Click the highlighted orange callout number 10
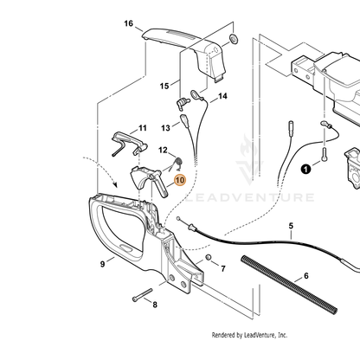pos(179,180)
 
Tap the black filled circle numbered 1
pos(306,169)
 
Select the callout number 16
pos(129,23)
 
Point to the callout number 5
pos(291,226)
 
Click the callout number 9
pos(102,264)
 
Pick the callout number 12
pos(163,150)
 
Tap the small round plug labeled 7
pos(208,257)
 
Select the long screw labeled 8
pos(142,295)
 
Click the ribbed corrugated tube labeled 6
pos(289,285)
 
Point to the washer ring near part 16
pos(233,38)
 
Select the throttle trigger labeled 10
pos(149,181)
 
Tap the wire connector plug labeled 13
pos(184,121)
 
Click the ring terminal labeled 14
pos(196,94)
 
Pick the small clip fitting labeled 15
pos(182,103)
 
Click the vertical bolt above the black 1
pos(325,154)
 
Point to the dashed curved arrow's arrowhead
pos(115,184)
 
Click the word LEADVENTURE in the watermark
pos(249,197)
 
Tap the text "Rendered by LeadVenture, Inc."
pos(249,335)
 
